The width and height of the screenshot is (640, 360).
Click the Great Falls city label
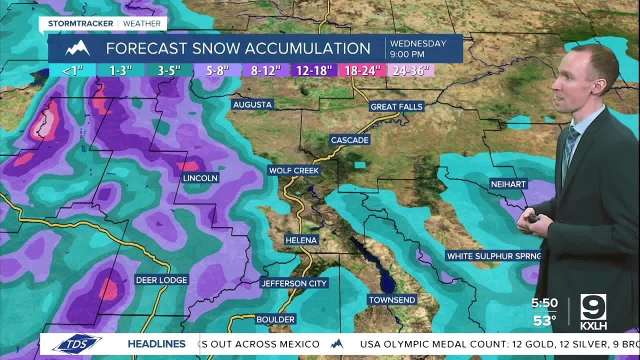396,106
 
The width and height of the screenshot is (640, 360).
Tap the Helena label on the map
301,240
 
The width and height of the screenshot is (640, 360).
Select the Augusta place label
252,104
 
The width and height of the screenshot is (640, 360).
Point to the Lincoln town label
200,178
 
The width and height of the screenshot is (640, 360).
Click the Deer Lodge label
161,280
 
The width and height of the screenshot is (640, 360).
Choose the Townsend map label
392,300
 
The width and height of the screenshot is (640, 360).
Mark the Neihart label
508,184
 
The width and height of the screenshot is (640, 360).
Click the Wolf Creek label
293,170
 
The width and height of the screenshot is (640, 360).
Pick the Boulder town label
275,319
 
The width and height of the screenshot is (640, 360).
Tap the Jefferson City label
294,283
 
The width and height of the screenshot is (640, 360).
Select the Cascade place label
349,140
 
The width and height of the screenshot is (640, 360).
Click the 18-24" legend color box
363,70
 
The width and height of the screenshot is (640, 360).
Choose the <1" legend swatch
72,70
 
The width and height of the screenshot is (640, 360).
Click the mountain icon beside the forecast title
77,48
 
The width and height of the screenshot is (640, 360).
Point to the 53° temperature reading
544,320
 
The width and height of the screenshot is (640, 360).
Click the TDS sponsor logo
77,344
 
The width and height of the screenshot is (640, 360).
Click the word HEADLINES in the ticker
156,344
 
